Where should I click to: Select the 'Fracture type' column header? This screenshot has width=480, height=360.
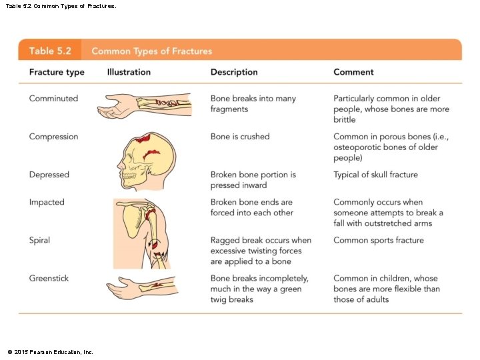point(57,72)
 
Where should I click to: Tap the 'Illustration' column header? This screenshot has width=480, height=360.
point(129,72)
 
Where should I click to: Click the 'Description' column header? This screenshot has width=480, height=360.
point(235,72)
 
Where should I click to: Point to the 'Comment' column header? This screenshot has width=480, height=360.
point(353,72)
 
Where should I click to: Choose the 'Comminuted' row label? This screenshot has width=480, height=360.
point(53,99)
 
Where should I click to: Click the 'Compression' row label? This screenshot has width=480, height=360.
point(53,137)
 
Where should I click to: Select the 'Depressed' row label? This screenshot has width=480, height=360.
point(49,175)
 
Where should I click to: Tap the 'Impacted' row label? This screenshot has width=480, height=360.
point(47,202)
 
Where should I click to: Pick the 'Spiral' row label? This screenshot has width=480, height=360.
point(39,240)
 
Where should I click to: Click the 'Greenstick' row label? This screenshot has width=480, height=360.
point(49,278)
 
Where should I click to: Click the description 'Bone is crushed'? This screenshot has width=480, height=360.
point(240,137)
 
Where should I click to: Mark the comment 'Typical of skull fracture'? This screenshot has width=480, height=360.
point(375,175)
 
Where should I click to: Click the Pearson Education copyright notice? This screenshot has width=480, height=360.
point(50,351)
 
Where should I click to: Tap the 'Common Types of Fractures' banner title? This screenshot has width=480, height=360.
point(151,51)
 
